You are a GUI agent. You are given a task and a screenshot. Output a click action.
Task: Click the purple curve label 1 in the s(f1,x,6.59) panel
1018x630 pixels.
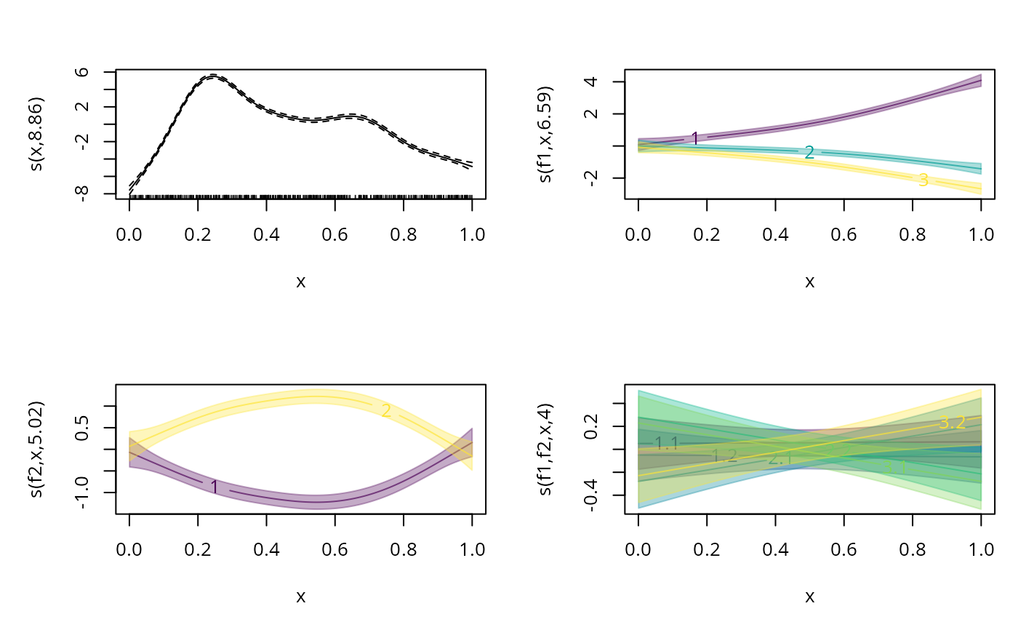click(695, 138)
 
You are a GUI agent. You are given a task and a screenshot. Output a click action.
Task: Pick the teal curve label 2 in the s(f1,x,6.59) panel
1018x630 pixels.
click(809, 152)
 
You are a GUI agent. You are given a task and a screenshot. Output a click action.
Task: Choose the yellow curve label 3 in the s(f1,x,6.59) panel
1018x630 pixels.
click(923, 180)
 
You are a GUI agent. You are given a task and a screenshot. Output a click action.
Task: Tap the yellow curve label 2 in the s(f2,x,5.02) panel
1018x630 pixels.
click(386, 411)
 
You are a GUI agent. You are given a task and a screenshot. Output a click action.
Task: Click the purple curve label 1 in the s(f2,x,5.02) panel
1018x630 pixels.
click(215, 487)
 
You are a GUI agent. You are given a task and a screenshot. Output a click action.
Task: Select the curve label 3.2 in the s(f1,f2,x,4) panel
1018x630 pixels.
click(953, 422)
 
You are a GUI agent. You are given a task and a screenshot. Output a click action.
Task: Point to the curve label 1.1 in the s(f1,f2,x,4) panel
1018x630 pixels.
click(666, 442)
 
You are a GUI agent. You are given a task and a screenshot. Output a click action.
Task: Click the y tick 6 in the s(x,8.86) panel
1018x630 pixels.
click(82, 72)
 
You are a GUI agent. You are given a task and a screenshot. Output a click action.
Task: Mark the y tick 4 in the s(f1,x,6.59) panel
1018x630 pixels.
click(591, 81)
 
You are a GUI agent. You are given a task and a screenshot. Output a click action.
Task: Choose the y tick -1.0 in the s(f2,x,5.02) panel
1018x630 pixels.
click(82, 493)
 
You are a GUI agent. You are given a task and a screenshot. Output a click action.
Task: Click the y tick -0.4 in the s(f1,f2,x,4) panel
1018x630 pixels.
click(591, 495)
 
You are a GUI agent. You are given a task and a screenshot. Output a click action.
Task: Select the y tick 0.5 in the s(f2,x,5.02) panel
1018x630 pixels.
click(82, 427)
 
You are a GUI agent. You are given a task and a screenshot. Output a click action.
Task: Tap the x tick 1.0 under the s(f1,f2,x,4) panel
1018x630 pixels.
click(981, 549)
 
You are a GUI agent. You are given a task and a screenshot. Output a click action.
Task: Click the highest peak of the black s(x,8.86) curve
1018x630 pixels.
click(212, 76)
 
